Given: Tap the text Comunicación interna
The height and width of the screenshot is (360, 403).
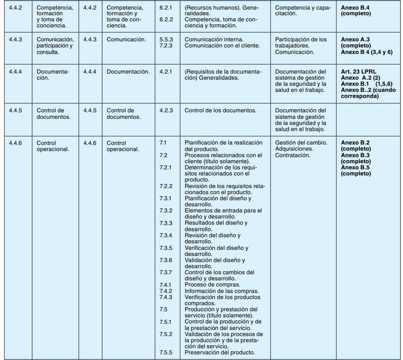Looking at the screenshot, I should (214, 39).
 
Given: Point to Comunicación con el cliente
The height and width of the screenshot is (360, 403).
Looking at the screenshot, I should (222, 45).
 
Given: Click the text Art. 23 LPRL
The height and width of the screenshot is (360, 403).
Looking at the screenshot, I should (359, 71).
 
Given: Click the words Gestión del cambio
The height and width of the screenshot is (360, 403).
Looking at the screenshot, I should (301, 142).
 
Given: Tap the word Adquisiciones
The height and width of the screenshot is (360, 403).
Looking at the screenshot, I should (294, 148).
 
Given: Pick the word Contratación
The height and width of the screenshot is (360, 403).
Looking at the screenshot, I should (293, 155).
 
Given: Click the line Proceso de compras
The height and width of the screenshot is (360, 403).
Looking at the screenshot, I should (212, 285).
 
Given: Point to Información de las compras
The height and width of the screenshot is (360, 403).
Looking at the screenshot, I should (222, 291).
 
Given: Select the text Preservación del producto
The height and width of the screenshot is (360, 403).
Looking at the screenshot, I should (220, 352).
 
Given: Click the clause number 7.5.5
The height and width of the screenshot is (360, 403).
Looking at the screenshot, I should (166, 352).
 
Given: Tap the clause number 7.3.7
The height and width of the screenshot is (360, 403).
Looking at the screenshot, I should (166, 273).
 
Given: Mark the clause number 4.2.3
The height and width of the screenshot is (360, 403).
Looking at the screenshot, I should (166, 110).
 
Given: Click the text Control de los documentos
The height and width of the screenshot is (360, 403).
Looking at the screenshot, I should (220, 110).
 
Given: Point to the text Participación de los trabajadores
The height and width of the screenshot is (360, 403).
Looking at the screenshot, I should (301, 42).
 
